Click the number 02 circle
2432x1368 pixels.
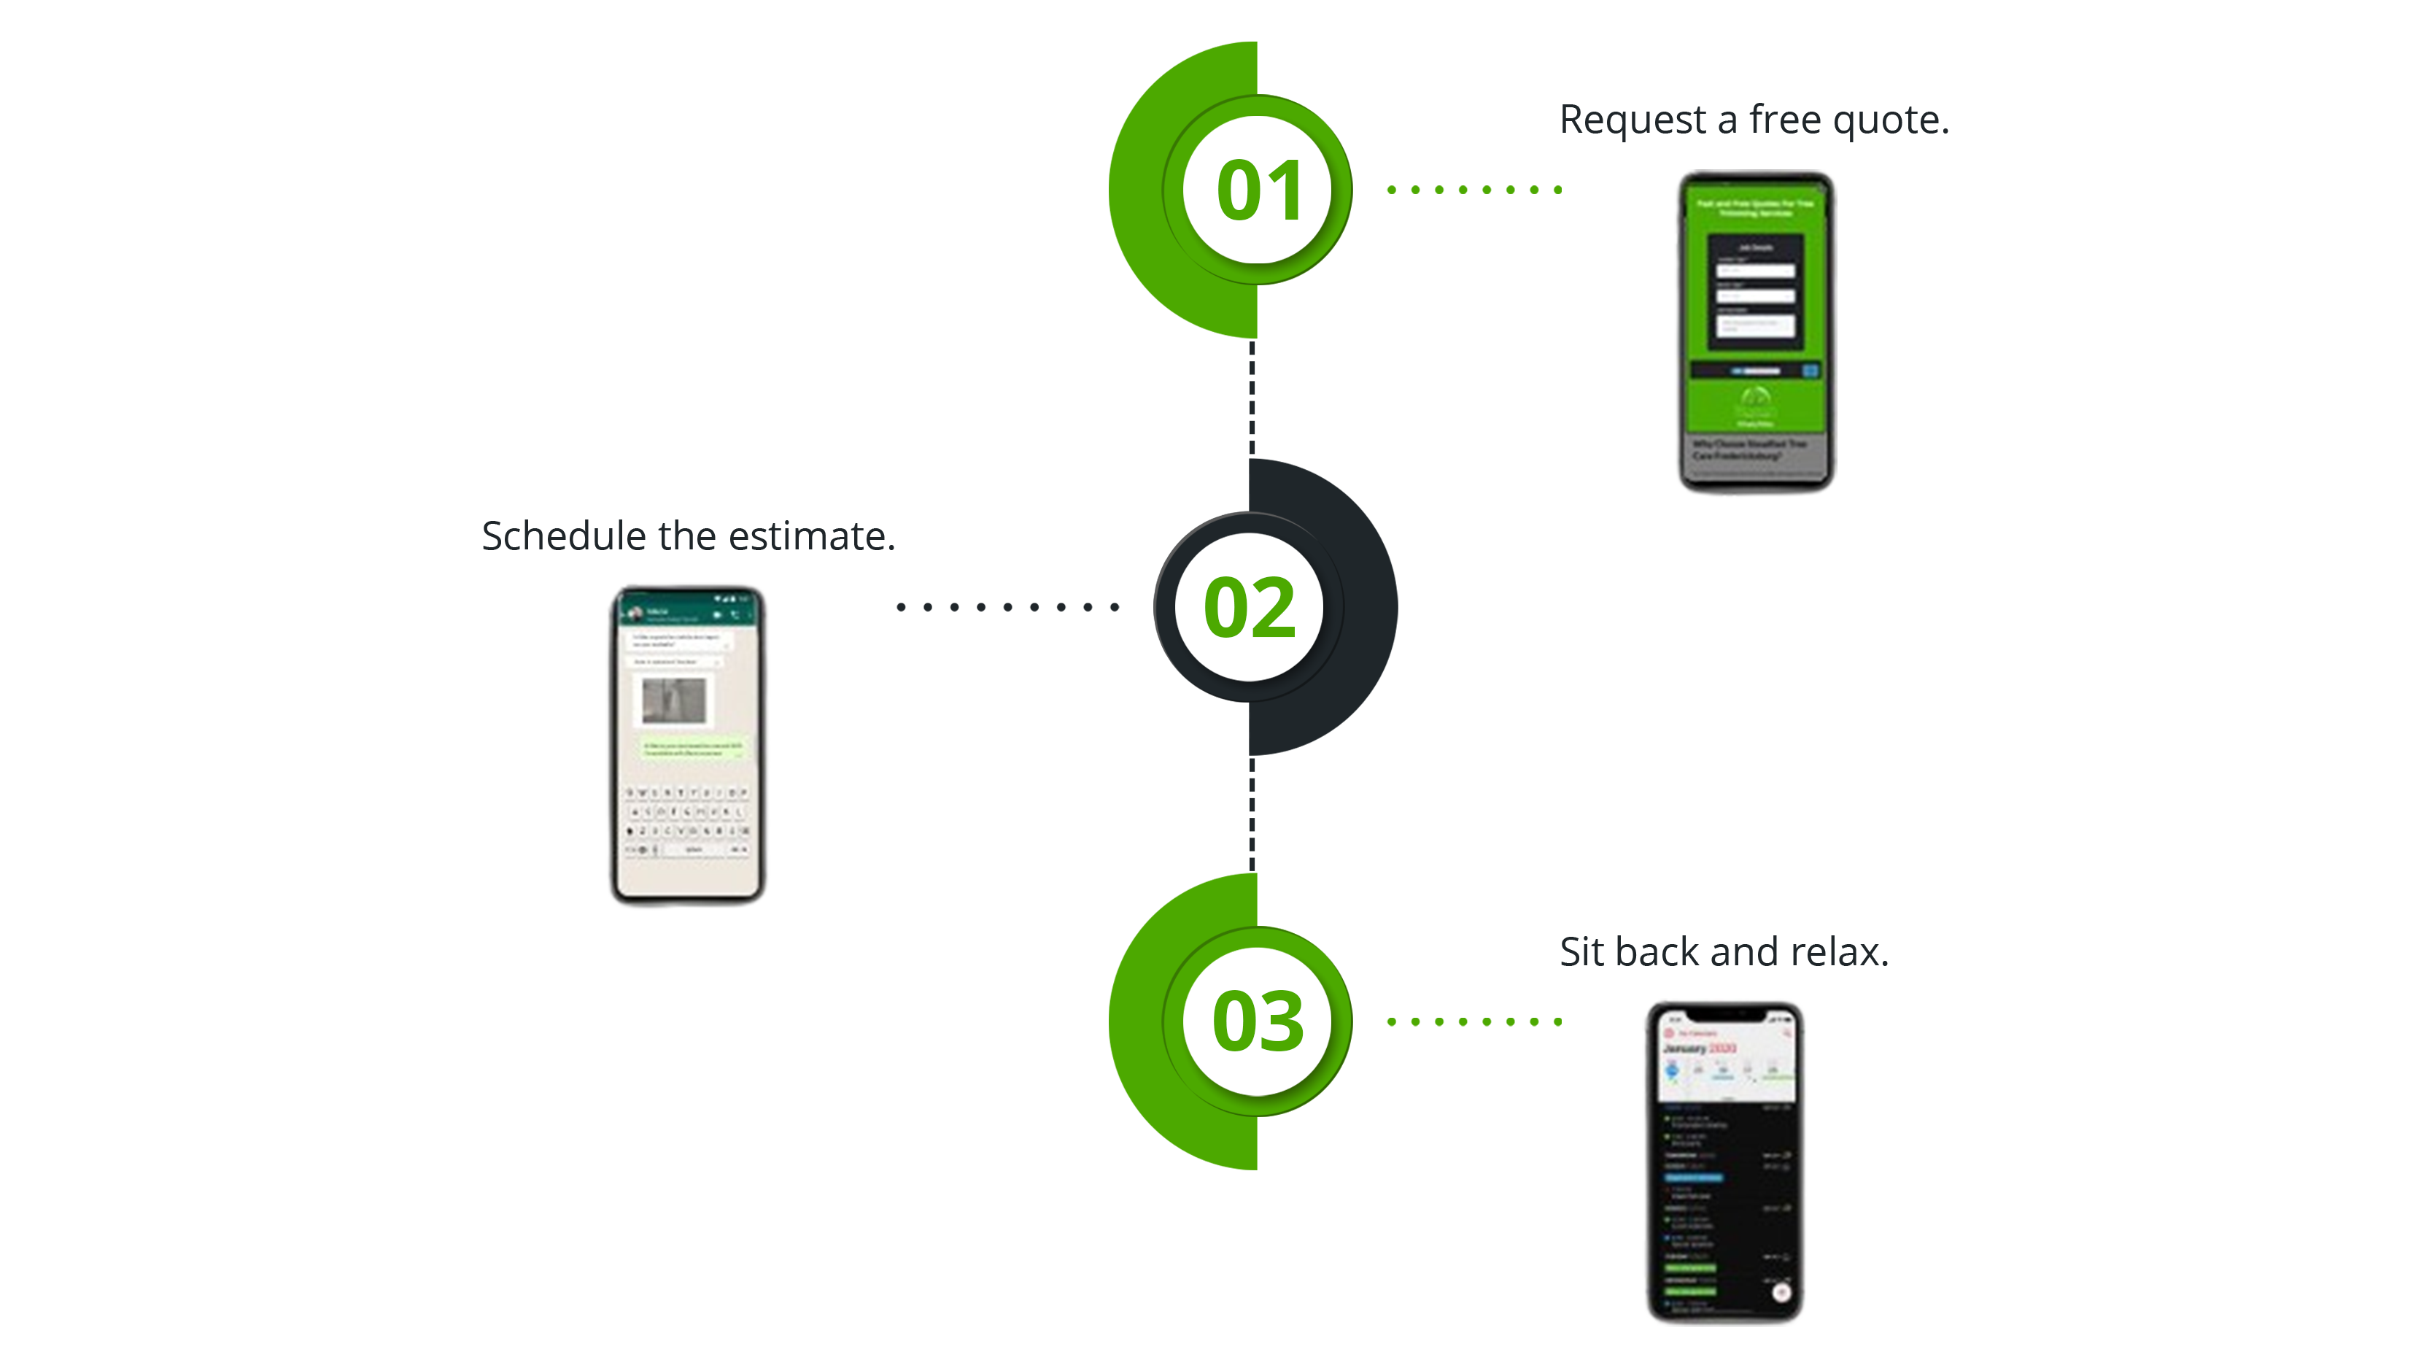(1249, 606)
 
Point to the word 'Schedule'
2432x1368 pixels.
(564, 536)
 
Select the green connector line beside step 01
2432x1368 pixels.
(1473, 190)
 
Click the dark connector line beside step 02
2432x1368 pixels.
(1007, 607)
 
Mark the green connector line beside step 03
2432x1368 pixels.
(1473, 1021)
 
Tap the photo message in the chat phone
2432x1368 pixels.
(673, 700)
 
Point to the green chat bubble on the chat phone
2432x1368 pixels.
(694, 748)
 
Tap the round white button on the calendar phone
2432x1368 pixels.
(1781, 1292)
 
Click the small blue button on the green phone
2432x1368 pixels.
(1810, 371)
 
